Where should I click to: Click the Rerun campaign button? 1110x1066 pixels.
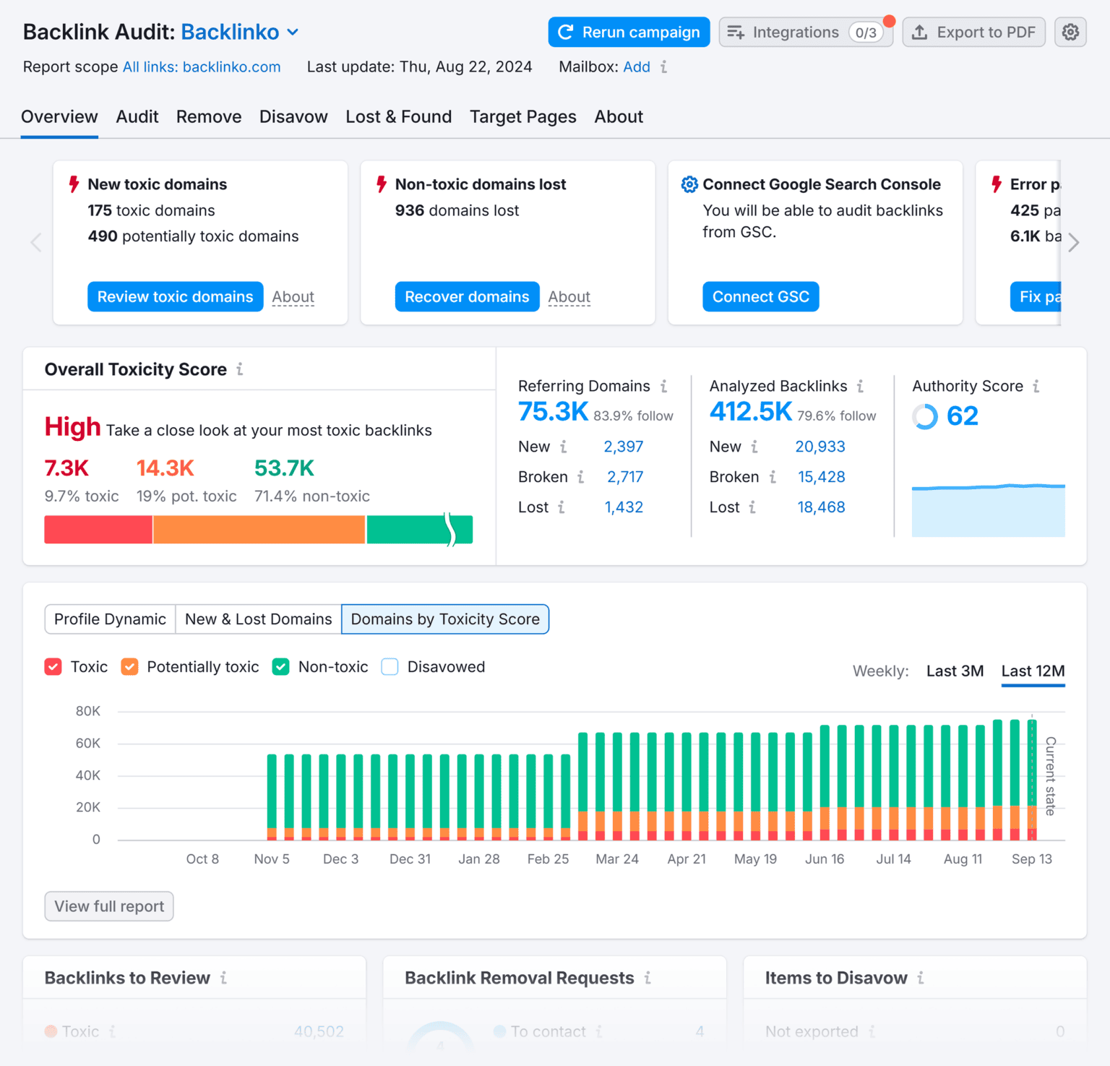pyautogui.click(x=629, y=33)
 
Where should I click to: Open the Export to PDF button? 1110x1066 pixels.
pyautogui.click(x=973, y=33)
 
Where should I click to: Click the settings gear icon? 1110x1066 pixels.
pyautogui.click(x=1070, y=33)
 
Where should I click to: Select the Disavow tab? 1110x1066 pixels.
pyautogui.click(x=293, y=117)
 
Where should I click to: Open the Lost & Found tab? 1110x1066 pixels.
pyautogui.click(x=398, y=117)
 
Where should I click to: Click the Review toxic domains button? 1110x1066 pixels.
pyautogui.click(x=175, y=297)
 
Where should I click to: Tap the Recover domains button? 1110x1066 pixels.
pyautogui.click(x=467, y=297)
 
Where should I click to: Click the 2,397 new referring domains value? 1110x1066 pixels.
pyautogui.click(x=623, y=447)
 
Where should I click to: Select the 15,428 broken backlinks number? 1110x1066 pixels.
pyautogui.click(x=821, y=477)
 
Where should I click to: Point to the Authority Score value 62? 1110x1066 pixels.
pyautogui.click(x=962, y=416)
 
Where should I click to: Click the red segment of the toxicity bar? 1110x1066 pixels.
pyautogui.click(x=98, y=530)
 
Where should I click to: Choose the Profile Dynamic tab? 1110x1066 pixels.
pyautogui.click(x=110, y=619)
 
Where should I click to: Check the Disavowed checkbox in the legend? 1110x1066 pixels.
pyautogui.click(x=390, y=667)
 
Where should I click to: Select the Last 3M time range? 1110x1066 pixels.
pyautogui.click(x=955, y=671)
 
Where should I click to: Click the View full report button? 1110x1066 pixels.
pyautogui.click(x=109, y=906)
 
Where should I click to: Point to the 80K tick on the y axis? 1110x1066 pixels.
pyautogui.click(x=88, y=711)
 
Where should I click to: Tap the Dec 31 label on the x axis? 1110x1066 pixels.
pyautogui.click(x=410, y=859)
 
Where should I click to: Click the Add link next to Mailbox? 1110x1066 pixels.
pyautogui.click(x=637, y=67)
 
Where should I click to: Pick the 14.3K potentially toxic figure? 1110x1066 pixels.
pyautogui.click(x=165, y=468)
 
